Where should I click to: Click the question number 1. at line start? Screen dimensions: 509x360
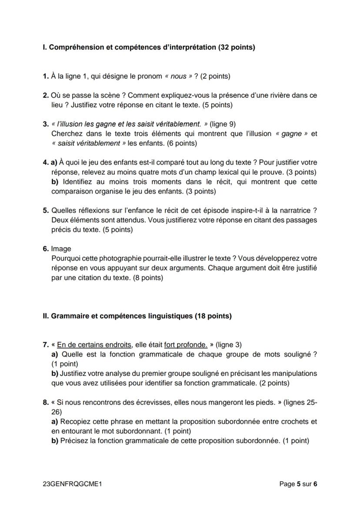point(46,77)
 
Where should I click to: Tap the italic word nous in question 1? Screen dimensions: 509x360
point(178,77)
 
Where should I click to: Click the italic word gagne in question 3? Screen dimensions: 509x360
point(291,133)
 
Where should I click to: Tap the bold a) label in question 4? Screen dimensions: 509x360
point(54,163)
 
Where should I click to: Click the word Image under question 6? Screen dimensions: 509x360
point(61,249)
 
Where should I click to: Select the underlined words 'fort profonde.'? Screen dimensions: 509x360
point(186,345)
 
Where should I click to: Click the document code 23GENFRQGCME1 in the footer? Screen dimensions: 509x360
point(73,483)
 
